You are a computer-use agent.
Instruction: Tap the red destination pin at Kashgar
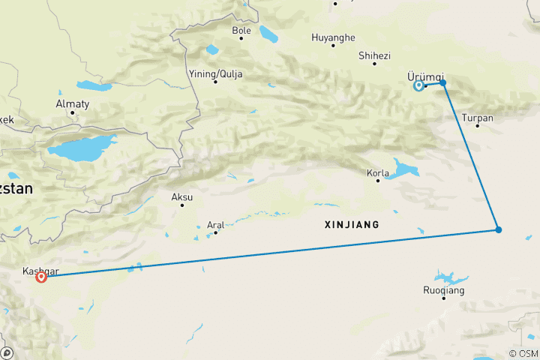tap(41, 277)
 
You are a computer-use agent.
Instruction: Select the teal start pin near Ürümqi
tap(418, 85)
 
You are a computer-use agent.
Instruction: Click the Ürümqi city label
tap(419, 76)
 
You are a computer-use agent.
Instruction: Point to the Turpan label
tap(478, 118)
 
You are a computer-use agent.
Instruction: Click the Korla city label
tap(377, 172)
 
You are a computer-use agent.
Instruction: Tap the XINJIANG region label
tap(352, 224)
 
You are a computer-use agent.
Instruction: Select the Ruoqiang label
tap(444, 289)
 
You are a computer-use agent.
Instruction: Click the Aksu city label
tap(182, 197)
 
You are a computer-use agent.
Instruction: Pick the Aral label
tap(215, 224)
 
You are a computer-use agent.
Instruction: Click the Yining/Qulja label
tap(215, 73)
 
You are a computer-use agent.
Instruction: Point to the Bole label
tap(241, 31)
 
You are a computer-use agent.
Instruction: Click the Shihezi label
tap(374, 55)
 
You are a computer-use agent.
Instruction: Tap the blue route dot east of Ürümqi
tap(443, 82)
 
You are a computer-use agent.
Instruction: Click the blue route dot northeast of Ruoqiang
tap(498, 229)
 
